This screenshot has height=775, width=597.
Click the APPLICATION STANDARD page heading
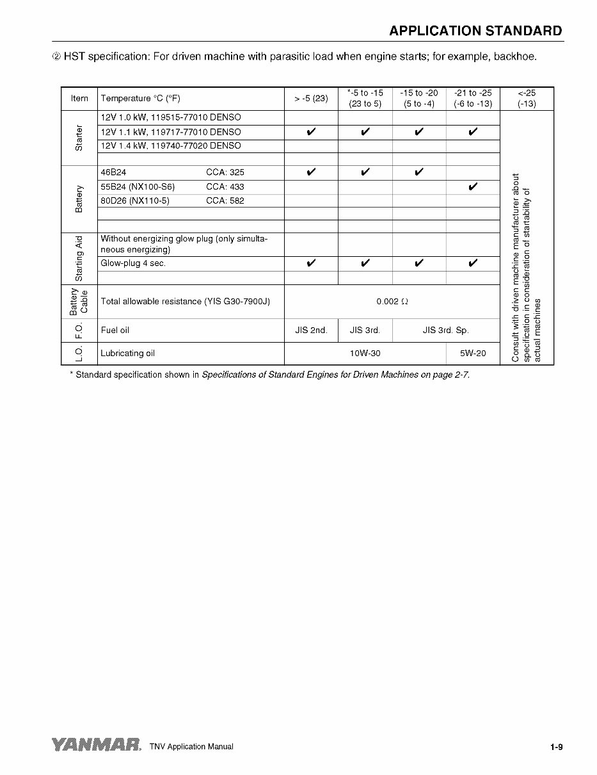click(x=475, y=31)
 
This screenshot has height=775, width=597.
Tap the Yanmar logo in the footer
click(x=96, y=745)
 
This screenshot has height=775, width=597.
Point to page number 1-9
click(x=555, y=746)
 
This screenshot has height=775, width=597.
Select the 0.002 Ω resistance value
click(x=392, y=301)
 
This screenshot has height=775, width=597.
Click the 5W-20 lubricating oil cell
click(x=472, y=353)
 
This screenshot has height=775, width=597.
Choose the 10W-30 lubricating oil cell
click(x=365, y=353)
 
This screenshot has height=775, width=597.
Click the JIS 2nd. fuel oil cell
click(x=311, y=330)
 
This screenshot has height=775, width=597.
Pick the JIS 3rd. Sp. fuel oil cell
click(x=445, y=330)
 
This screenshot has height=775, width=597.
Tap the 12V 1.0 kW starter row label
click(x=171, y=118)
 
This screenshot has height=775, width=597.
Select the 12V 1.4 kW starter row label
click(x=171, y=146)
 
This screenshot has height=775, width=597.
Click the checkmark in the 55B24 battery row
click(x=473, y=186)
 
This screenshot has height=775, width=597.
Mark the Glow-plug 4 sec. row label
click(x=133, y=264)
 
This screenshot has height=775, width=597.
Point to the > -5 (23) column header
click(x=311, y=99)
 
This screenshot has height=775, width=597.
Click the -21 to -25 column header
click(x=473, y=98)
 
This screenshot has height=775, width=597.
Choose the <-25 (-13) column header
click(x=527, y=98)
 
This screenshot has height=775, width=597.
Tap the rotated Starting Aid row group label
click(x=79, y=258)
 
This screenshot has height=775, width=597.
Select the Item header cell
click(x=79, y=99)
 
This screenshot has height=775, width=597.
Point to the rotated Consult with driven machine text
click(x=527, y=268)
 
